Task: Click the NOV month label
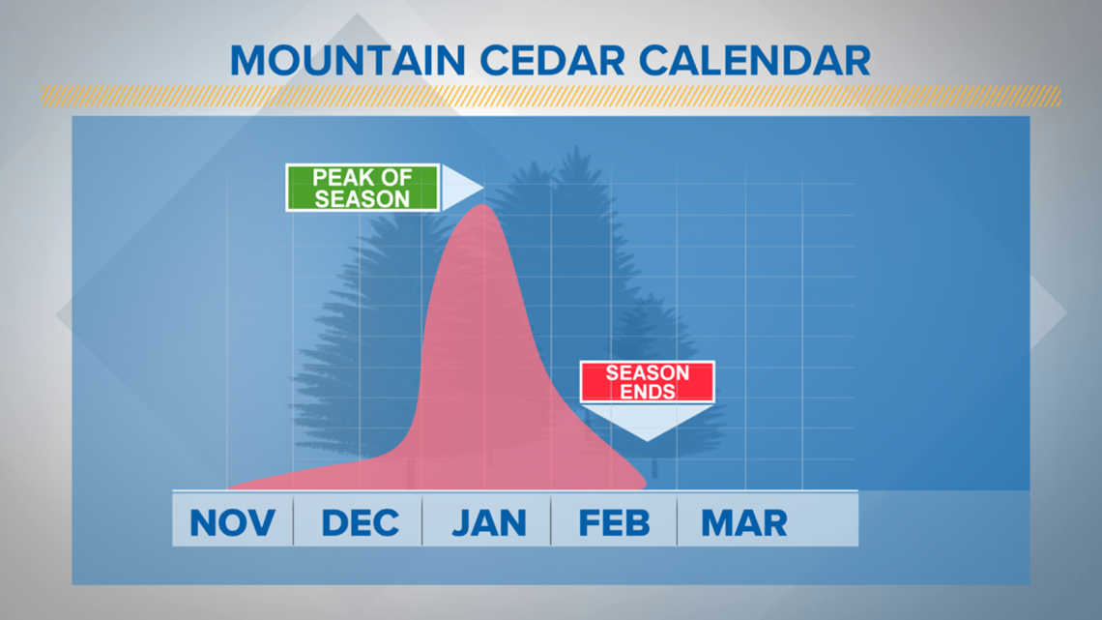point(232,523)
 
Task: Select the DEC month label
point(360,523)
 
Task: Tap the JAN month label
point(489,523)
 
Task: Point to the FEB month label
point(614,523)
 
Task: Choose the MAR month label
point(743,523)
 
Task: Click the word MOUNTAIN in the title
point(348,61)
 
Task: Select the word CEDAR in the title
point(552,61)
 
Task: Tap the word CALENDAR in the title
point(755,61)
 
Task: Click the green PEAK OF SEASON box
point(362,188)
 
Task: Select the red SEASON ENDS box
point(648,382)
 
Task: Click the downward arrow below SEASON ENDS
point(648,422)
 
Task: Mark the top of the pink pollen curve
point(482,205)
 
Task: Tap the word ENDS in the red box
point(648,392)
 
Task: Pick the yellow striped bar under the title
point(550,97)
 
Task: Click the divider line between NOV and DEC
point(293,519)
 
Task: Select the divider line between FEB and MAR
point(677,519)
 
